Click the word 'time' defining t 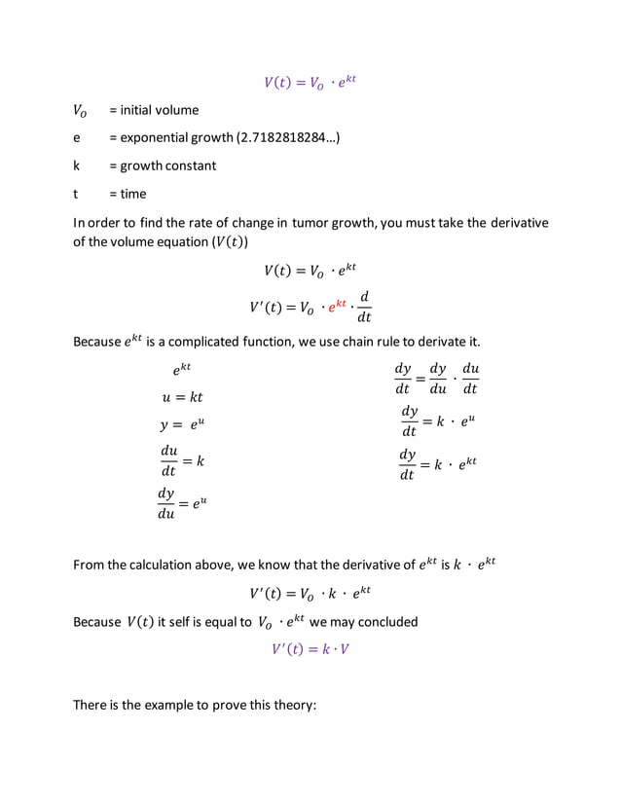[132, 194]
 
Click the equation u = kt [182, 397]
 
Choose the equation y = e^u [183, 426]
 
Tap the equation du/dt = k [182, 460]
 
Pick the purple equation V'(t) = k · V [310, 649]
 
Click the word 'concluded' [386, 622]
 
